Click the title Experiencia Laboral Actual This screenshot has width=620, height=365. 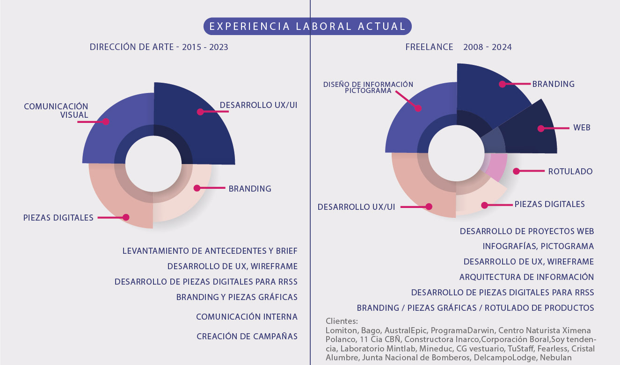(307, 26)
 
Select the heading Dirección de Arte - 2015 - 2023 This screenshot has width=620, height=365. (159, 47)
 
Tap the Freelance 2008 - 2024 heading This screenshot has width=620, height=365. (458, 47)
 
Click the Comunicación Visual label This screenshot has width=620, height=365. (56, 110)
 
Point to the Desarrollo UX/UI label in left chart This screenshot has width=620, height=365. (258, 105)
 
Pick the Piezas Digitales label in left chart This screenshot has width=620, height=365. (58, 217)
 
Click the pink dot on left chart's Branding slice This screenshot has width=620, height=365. (197, 188)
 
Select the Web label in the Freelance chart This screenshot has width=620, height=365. (582, 128)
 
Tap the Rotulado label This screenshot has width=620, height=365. (570, 172)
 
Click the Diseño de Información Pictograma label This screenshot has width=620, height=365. (368, 87)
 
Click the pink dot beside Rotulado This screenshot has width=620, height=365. (516, 172)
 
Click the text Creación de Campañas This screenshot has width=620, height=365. (247, 336)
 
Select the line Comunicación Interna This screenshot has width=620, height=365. (247, 317)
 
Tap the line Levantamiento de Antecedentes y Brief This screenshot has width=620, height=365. (210, 251)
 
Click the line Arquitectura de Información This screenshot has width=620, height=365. (526, 277)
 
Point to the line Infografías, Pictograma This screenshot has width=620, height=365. (538, 246)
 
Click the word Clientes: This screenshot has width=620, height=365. (342, 322)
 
